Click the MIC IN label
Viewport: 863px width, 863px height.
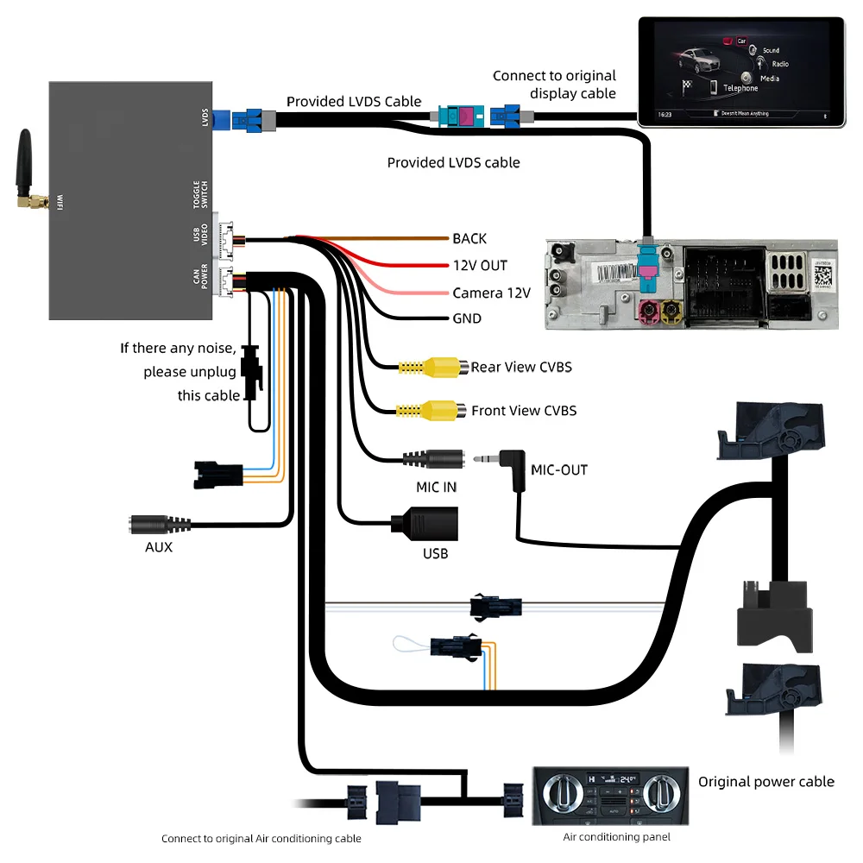point(436,487)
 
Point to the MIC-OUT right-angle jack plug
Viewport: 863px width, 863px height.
point(509,465)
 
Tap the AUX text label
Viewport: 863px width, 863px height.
point(158,547)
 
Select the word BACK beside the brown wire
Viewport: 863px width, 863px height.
point(469,239)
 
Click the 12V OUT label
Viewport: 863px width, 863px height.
point(480,266)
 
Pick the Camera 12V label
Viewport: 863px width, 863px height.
point(490,293)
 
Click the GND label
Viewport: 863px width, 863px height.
point(467,319)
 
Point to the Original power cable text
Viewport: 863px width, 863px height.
point(766,782)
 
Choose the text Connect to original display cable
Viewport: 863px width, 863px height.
point(554,85)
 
